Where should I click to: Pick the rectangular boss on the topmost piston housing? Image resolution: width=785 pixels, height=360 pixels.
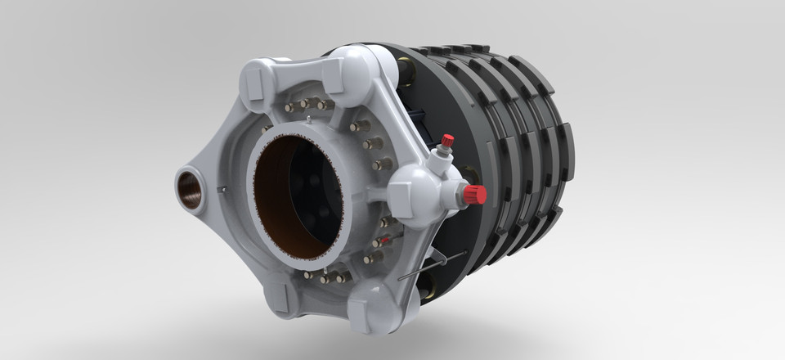click(334, 74)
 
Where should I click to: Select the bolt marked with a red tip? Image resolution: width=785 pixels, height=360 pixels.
click(379, 242)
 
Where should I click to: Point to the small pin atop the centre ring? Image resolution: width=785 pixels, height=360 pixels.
click(307, 120)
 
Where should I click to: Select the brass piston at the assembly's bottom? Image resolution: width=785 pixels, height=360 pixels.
click(424, 286)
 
